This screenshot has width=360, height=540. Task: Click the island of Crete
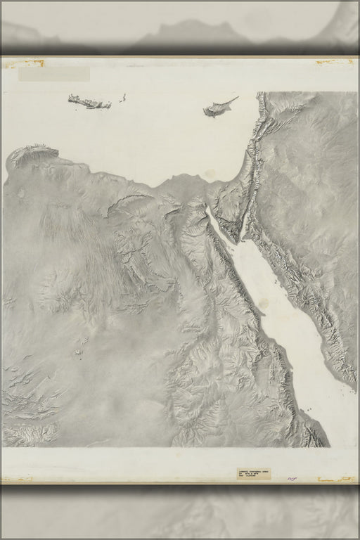89,103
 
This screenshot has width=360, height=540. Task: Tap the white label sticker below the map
253,474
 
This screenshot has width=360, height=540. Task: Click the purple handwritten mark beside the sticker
292,477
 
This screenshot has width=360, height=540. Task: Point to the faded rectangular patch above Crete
54,74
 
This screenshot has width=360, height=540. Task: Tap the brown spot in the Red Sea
264,303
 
